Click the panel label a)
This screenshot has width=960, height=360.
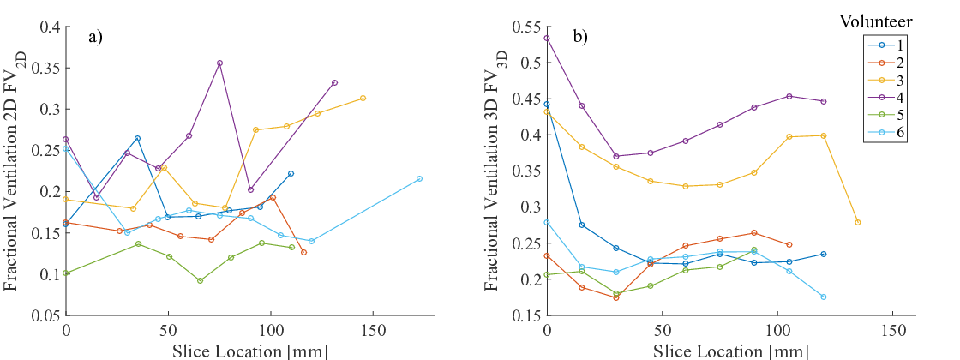(x=95, y=37)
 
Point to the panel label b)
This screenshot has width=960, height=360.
(x=580, y=37)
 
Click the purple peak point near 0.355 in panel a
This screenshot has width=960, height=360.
(x=220, y=63)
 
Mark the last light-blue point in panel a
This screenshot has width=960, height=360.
(x=419, y=178)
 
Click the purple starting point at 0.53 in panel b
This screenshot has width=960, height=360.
(x=547, y=38)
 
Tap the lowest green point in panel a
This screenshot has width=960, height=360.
(x=200, y=280)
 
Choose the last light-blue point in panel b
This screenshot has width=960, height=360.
(x=823, y=297)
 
